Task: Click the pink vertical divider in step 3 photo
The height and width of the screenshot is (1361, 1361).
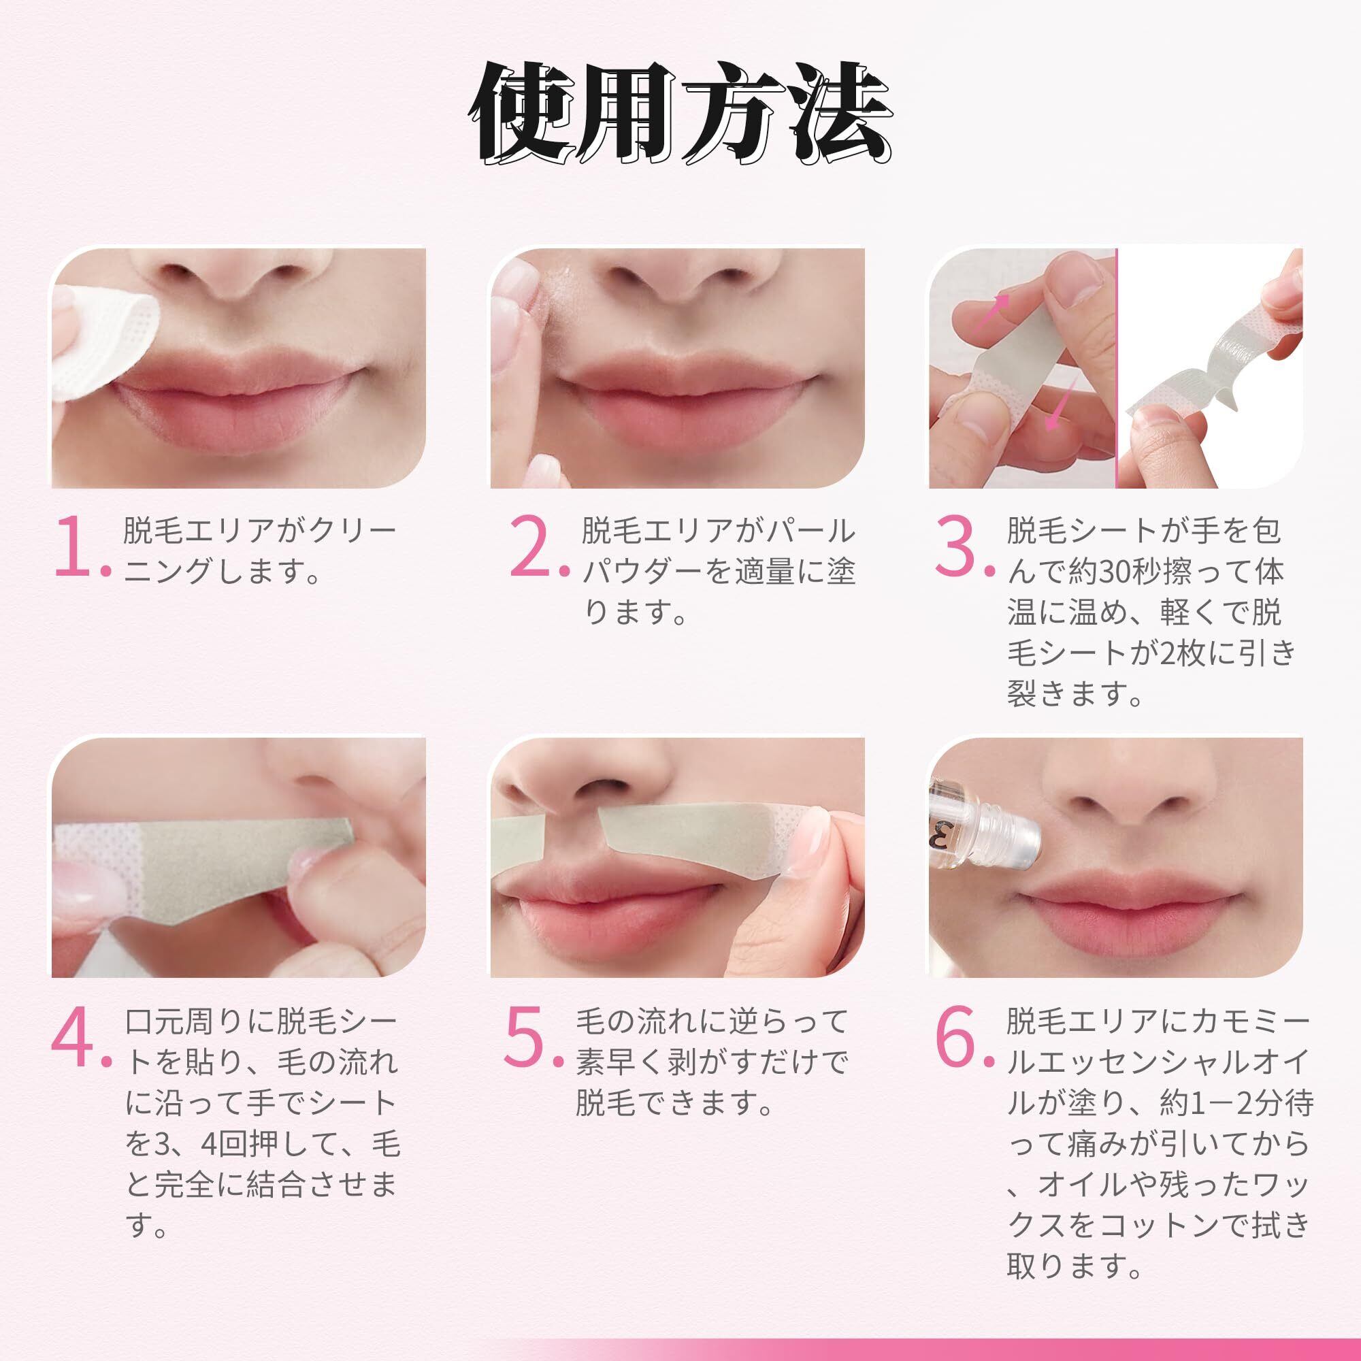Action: tap(1117, 366)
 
